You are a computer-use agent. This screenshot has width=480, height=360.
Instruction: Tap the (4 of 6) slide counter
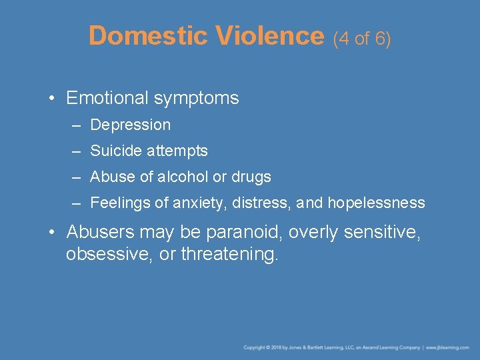click(362, 38)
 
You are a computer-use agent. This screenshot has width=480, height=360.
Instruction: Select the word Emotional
click(107, 98)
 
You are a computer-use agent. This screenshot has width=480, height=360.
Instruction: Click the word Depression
click(130, 125)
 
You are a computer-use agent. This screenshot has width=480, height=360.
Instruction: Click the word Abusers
click(97, 232)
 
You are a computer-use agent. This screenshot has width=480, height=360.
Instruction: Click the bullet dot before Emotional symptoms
click(51, 99)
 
